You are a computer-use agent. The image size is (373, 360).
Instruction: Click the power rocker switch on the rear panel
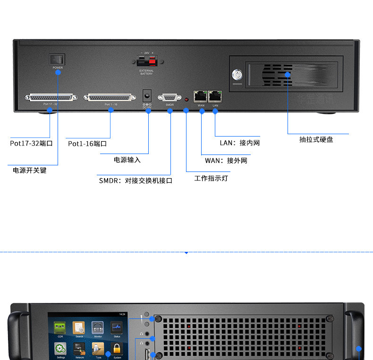[58, 59]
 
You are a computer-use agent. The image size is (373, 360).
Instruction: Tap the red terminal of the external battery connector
[152, 62]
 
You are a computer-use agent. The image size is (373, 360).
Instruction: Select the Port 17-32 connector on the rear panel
[50, 97]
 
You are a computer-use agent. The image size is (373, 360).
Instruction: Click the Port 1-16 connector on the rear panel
[108, 97]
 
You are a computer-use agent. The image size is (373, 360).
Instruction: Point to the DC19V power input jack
[147, 95]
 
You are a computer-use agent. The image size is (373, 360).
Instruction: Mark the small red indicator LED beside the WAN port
[186, 100]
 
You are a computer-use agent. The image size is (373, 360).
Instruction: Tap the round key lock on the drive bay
[237, 75]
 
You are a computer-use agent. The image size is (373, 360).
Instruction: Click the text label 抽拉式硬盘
[316, 139]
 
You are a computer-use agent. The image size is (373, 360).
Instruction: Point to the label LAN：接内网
[240, 143]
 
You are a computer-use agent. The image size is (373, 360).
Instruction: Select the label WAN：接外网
[226, 161]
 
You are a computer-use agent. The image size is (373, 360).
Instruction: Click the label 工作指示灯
[211, 179]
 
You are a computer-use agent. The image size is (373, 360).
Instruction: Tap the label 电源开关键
[30, 170]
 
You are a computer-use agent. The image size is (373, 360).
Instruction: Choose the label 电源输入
[127, 160]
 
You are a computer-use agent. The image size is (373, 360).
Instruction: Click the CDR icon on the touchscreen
[60, 327]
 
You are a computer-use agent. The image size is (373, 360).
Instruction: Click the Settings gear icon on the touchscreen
[60, 349]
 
